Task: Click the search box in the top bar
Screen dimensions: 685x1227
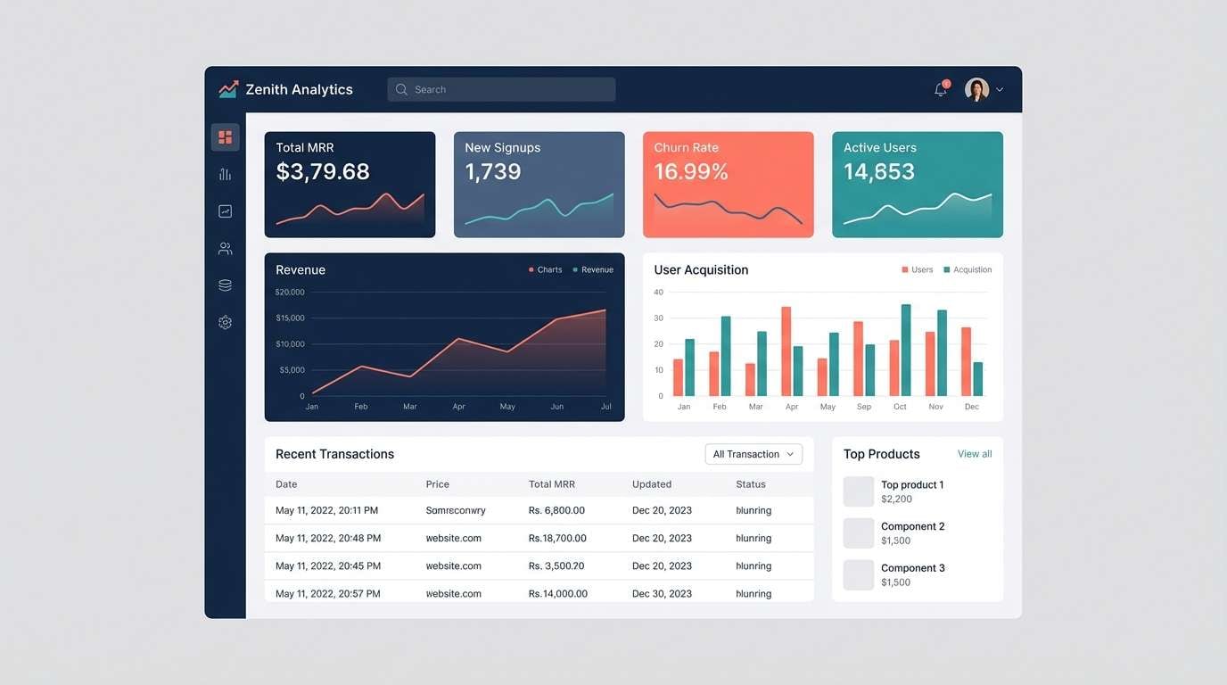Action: click(501, 89)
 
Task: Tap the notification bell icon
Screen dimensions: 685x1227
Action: click(940, 89)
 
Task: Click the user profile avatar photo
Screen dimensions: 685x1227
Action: click(976, 89)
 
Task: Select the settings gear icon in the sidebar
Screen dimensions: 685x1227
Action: click(225, 323)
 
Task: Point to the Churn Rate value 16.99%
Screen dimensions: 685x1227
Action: click(691, 172)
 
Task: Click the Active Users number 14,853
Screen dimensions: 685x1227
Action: click(879, 172)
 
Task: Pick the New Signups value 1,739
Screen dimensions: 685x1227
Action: click(493, 172)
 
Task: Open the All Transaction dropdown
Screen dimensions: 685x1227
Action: click(753, 454)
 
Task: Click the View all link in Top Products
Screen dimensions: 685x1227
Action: click(975, 454)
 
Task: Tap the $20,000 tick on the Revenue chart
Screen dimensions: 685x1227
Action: click(290, 293)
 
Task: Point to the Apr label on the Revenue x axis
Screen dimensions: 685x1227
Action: click(458, 407)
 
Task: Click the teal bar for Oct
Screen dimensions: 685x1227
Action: click(906, 351)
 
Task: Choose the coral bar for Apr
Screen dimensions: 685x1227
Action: click(786, 351)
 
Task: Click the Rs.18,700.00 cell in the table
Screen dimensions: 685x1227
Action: click(557, 539)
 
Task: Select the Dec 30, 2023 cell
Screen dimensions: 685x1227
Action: click(662, 594)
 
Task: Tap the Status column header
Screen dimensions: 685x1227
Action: click(751, 484)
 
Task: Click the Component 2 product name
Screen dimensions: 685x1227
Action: click(912, 526)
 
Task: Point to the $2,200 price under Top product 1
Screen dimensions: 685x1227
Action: click(896, 499)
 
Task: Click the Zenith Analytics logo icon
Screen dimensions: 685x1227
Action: click(228, 89)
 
